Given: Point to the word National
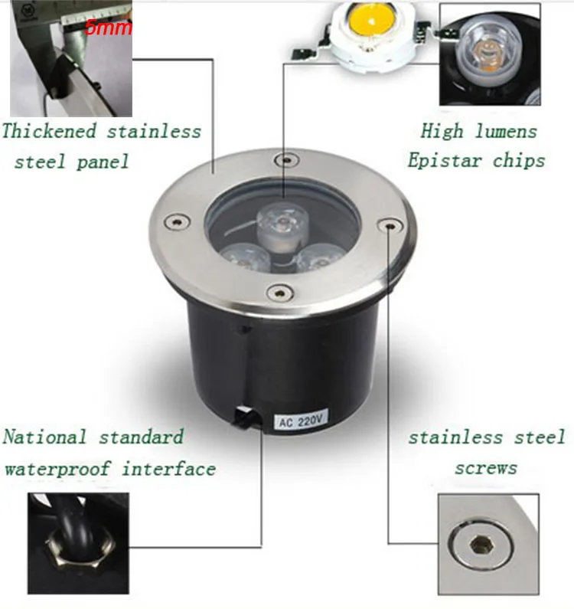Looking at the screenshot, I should pyautogui.click(x=44, y=437).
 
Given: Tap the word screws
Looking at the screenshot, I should pyautogui.click(x=486, y=467).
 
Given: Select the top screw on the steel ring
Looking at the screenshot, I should pyautogui.click(x=287, y=160).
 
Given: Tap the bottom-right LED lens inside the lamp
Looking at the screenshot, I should pyautogui.click(x=318, y=257).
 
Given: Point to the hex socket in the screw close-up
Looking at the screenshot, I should pyautogui.click(x=481, y=545).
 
